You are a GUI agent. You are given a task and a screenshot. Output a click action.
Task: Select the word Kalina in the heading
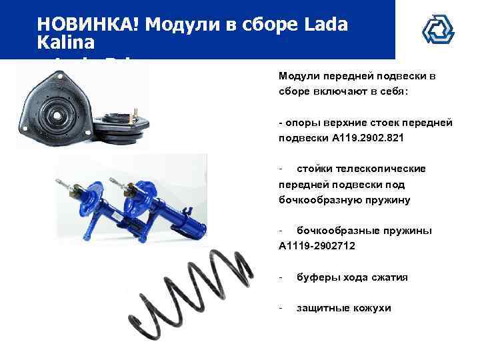click(67, 41)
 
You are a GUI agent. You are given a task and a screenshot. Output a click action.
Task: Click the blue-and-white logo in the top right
click(437, 29)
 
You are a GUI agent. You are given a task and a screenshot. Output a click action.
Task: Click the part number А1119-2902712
click(317, 246)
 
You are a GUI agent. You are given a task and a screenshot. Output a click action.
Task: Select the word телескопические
click(361, 169)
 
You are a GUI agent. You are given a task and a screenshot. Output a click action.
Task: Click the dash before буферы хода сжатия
click(281, 277)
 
